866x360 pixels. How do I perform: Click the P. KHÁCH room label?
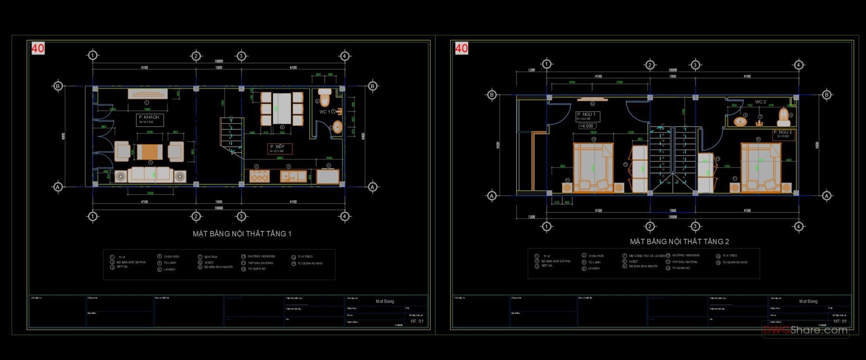pyautogui.click(x=149, y=117)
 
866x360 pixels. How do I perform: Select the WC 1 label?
pyautogui.click(x=325, y=112)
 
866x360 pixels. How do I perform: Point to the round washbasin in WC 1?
pyautogui.click(x=337, y=127)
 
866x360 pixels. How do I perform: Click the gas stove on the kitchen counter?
pyautogui.click(x=259, y=176)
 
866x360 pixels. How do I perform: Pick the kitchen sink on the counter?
pyautogui.click(x=290, y=176)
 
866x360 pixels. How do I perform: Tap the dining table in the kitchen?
pyautogui.click(x=282, y=108)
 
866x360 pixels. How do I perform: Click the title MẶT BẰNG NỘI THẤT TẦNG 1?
pyautogui.click(x=242, y=234)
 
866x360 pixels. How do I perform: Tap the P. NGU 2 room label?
pyautogui.click(x=782, y=132)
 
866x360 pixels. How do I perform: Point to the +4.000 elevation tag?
pyautogui.click(x=586, y=126)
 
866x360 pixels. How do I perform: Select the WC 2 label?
pyautogui.click(x=761, y=102)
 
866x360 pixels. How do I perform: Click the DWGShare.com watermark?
pyautogui.click(x=805, y=330)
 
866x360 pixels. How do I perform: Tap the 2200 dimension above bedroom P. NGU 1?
pyautogui.click(x=619, y=82)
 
